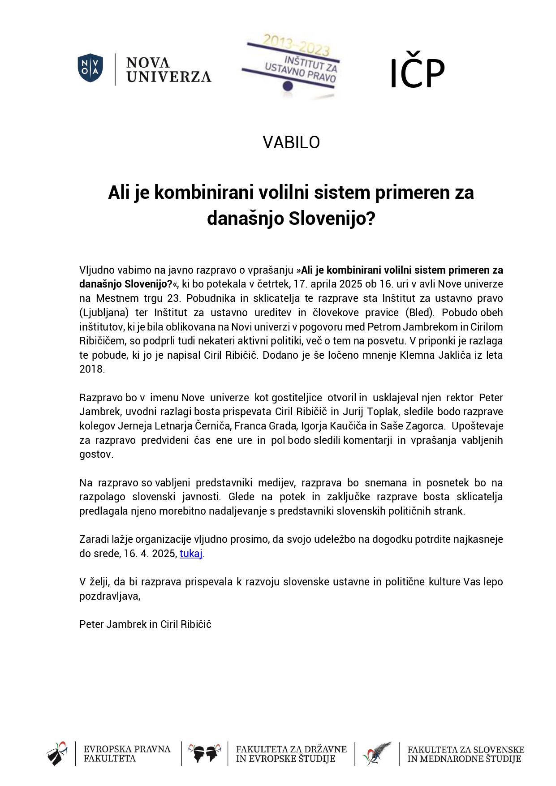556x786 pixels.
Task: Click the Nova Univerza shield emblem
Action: point(91,68)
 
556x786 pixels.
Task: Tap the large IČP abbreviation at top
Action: point(417,73)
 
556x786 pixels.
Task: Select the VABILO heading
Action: point(291,142)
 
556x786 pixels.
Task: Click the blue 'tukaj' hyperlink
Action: point(191,554)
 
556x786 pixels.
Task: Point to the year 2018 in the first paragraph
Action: point(92,369)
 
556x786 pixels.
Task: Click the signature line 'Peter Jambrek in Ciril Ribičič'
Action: point(145,624)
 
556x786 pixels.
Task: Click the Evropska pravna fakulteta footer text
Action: point(127,753)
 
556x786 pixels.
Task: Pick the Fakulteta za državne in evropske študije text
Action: point(291,754)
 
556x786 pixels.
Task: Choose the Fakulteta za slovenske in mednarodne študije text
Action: point(465,754)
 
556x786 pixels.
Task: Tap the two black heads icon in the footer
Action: point(205,753)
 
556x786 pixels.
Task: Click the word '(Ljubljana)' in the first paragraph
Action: point(104,313)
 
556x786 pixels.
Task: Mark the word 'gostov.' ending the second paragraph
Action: point(96,454)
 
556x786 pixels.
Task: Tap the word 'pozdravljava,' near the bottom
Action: point(110,596)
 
